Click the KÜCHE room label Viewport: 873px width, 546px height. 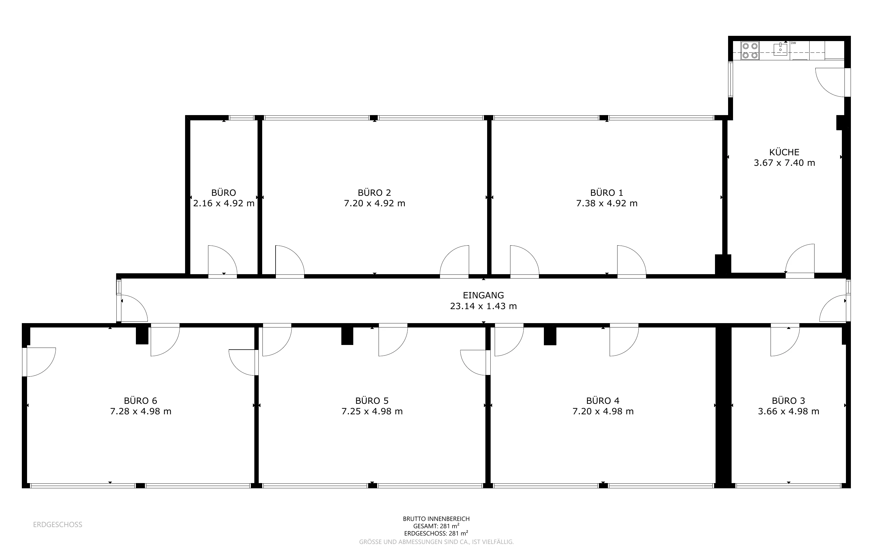784,152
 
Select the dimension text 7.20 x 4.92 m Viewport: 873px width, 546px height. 375,203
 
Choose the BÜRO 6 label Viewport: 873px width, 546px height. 141,401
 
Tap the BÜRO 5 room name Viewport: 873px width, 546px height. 372,401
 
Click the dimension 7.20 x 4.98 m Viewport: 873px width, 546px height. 603,411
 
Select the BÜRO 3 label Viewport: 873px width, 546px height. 789,401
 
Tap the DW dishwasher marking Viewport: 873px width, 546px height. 793,43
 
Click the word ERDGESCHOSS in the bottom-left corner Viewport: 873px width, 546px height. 58,524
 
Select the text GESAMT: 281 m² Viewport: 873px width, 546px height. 436,526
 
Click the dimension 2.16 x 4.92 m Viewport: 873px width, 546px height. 224,203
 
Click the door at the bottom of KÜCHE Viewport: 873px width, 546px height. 800,261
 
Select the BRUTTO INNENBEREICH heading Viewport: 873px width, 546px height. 436,519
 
